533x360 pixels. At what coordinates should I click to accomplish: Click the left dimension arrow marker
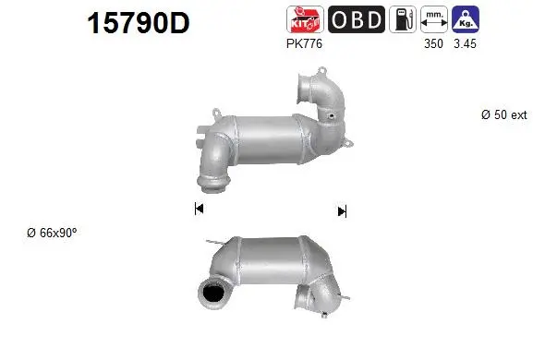pos(199,210)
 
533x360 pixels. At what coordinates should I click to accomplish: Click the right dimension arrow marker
pos(342,211)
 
